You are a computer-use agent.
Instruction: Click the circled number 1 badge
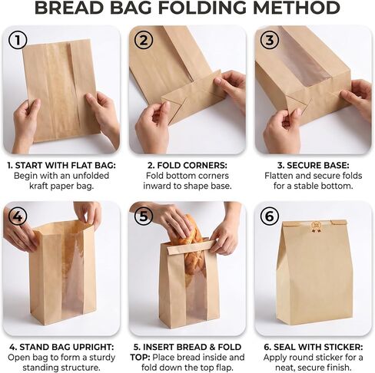pyautogui.click(x=18, y=41)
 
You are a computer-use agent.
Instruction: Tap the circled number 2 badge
pyautogui.click(x=144, y=41)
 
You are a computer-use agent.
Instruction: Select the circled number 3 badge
pyautogui.click(x=270, y=41)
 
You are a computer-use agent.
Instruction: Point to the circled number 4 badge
pyautogui.click(x=18, y=216)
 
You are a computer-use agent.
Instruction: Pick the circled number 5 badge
pyautogui.click(x=144, y=216)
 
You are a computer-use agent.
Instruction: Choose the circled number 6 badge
pyautogui.click(x=270, y=216)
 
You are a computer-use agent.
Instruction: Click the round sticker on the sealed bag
pyautogui.click(x=315, y=225)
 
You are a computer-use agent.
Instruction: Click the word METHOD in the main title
pyautogui.click(x=297, y=8)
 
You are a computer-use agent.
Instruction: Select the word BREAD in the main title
pyautogui.click(x=69, y=8)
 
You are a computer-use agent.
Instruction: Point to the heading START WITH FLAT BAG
pyautogui.click(x=65, y=166)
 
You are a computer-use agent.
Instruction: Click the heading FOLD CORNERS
pyautogui.click(x=192, y=166)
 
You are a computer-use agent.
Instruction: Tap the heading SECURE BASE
pyautogui.click(x=318, y=166)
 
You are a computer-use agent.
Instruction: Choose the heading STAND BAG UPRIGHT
pyautogui.click(x=67, y=347)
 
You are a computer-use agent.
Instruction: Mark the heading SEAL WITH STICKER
pyautogui.click(x=318, y=347)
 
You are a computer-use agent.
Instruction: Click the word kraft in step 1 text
pyautogui.click(x=38, y=186)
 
